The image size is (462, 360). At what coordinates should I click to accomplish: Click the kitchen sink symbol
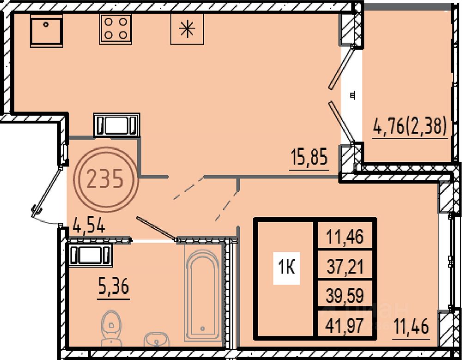(46, 31)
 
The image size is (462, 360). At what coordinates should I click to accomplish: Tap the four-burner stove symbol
(115, 29)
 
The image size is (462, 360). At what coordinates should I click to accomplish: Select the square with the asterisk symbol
(187, 29)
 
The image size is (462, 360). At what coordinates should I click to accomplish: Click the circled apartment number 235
(105, 179)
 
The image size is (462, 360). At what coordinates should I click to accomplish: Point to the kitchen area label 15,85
(309, 158)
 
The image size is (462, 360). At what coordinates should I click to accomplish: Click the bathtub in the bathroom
(203, 296)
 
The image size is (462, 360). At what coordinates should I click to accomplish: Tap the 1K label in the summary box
(287, 268)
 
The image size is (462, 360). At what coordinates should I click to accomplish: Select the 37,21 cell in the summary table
(345, 266)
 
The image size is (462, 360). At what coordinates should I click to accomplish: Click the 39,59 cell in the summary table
(345, 295)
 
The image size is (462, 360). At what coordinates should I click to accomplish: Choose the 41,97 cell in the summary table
(345, 324)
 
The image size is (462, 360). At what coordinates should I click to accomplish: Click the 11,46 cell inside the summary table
(345, 237)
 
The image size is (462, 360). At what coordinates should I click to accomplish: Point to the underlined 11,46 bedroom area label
(411, 328)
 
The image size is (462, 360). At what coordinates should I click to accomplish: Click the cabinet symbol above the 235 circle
(117, 125)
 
